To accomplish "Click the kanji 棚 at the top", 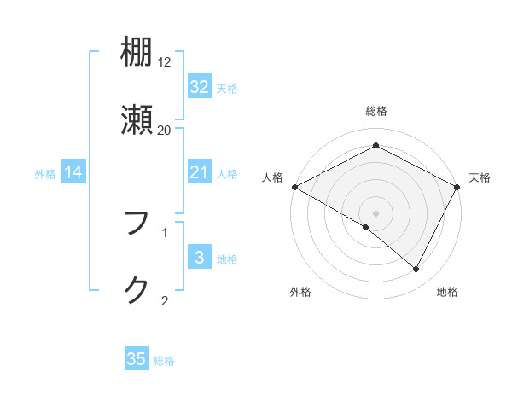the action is (137, 53).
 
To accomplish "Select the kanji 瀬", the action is (137, 119).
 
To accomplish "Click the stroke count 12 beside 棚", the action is (165, 61).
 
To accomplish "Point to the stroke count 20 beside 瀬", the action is (165, 130).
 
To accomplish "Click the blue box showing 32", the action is (199, 87).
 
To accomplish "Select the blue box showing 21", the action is (199, 173).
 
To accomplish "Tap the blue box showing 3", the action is (199, 259).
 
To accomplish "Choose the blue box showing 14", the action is (73, 173).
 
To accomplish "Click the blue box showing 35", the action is (137, 359).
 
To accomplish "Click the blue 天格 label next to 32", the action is (227, 89).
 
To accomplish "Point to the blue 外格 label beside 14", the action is (45, 174).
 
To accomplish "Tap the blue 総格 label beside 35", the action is (165, 361).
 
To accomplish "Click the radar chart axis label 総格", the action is (376, 111).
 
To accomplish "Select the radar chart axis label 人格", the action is (273, 177).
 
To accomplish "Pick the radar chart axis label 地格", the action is (447, 293).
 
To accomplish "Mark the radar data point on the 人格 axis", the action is (294, 187).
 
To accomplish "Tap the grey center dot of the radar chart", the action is (376, 212).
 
